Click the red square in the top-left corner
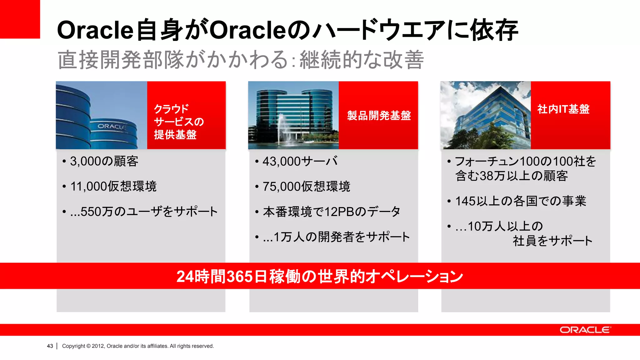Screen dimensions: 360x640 [20, 19]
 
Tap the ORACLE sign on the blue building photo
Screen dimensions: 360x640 [112, 127]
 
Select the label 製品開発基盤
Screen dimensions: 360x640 [379, 116]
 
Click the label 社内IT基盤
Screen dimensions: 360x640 [563, 109]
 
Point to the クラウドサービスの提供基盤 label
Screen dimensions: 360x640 [179, 122]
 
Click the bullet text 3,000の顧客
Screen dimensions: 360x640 [104, 161]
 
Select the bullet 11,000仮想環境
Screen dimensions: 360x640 [113, 186]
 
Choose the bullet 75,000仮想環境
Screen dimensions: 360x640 [306, 187]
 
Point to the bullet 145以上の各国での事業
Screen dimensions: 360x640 [520, 201]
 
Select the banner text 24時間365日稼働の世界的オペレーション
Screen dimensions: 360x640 [319, 276]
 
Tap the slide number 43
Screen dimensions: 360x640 [50, 346]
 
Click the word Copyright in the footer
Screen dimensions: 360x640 [73, 346]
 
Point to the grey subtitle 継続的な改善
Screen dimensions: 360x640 [362, 60]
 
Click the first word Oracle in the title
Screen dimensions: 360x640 [95, 30]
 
